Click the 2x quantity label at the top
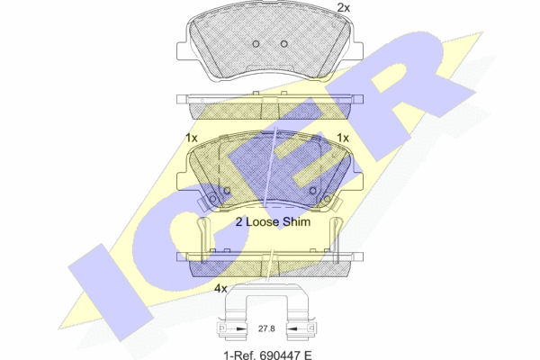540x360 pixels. [x=343, y=7]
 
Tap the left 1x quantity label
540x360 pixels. [x=192, y=138]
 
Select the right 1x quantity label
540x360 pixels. [x=343, y=138]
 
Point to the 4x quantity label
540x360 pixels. [x=220, y=289]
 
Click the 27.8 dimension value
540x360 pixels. [x=266, y=328]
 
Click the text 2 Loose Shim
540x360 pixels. [x=273, y=222]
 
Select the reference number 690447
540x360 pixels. [x=279, y=355]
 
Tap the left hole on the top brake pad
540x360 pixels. [x=256, y=44]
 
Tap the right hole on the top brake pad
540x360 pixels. [x=283, y=44]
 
